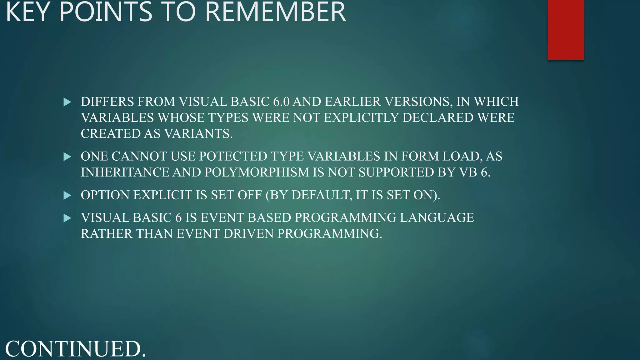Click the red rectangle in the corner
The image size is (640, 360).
(566, 30)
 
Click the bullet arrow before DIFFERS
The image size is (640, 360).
(67, 102)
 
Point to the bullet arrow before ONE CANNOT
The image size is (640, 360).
(67, 157)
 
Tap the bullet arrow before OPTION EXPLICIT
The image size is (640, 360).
(67, 195)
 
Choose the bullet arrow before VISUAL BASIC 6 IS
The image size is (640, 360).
(67, 218)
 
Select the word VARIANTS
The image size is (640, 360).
(198, 134)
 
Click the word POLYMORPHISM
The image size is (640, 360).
(256, 172)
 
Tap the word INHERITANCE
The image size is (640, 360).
(125, 172)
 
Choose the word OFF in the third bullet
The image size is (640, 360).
(249, 195)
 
